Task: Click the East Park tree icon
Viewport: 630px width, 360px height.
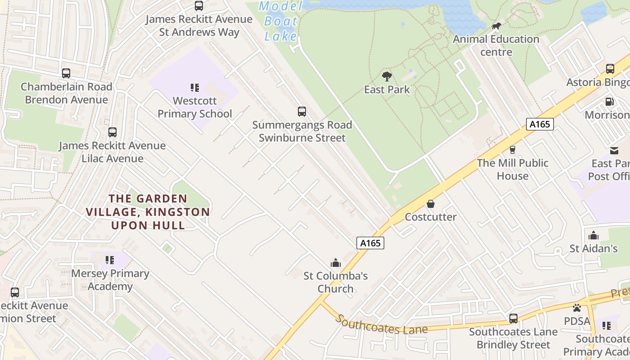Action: click(x=387, y=76)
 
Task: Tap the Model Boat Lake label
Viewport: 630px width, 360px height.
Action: click(x=281, y=21)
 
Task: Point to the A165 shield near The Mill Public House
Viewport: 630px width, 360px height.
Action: click(x=540, y=124)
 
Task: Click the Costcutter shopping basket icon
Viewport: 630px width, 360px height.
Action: click(x=431, y=204)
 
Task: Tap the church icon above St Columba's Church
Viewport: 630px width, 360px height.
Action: click(x=336, y=262)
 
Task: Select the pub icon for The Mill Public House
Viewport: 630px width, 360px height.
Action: click(x=512, y=150)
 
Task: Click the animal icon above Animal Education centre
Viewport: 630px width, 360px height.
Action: click(x=496, y=26)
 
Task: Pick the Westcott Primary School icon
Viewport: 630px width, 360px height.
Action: click(x=195, y=87)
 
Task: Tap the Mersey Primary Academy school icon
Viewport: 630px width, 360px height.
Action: click(x=110, y=260)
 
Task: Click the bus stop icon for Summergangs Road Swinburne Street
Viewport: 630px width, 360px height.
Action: click(x=301, y=111)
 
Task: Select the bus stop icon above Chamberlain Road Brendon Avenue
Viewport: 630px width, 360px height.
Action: click(x=66, y=73)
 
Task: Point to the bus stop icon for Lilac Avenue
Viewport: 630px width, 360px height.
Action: click(x=112, y=132)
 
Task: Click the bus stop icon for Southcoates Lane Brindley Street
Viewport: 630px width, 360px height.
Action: click(x=513, y=319)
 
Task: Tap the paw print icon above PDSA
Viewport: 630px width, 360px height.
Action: click(x=577, y=308)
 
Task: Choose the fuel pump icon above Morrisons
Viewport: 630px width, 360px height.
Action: click(x=610, y=102)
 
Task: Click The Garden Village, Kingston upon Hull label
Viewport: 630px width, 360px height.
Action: click(x=148, y=212)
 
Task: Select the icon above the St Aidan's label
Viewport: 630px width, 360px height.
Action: click(x=594, y=235)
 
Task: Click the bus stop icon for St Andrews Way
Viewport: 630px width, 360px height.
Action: click(x=198, y=6)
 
